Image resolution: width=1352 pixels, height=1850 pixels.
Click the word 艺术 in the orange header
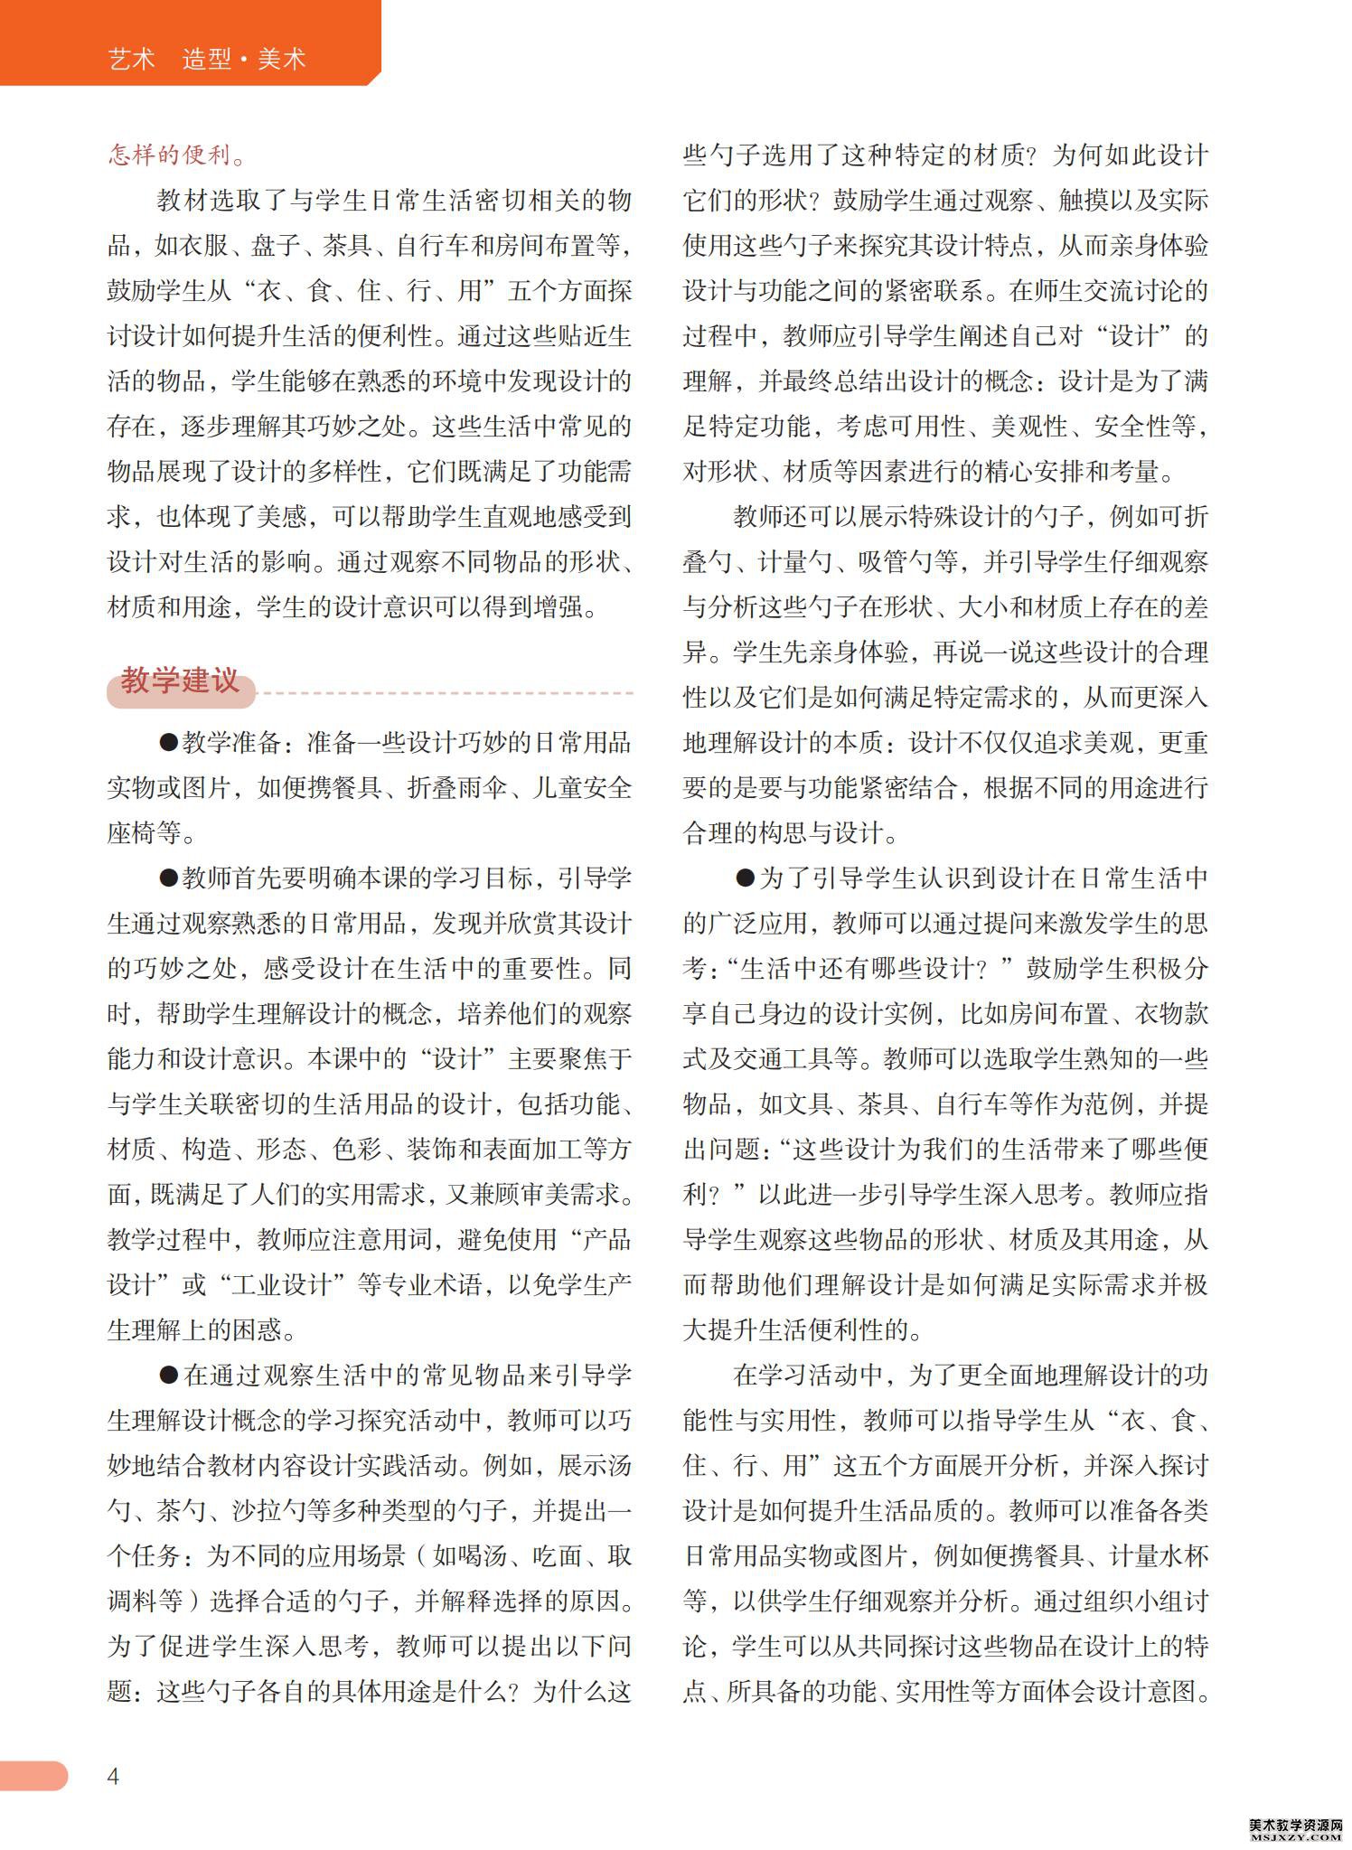pyautogui.click(x=132, y=60)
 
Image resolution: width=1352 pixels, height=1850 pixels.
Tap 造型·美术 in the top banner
pyautogui.click(x=244, y=60)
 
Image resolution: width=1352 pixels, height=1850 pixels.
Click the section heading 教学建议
pyautogui.click(x=180, y=681)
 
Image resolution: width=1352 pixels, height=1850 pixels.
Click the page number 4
pyautogui.click(x=113, y=1776)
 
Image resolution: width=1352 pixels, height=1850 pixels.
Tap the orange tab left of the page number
pyautogui.click(x=33, y=1775)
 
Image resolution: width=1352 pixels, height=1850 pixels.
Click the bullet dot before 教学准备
pyautogui.click(x=168, y=743)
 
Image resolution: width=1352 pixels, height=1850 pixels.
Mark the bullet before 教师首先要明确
pyautogui.click(x=168, y=878)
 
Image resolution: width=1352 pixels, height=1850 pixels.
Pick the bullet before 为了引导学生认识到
pyautogui.click(x=745, y=878)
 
